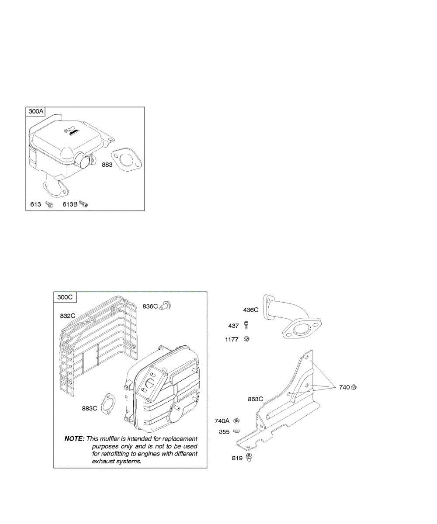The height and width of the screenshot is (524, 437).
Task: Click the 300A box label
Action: [36, 111]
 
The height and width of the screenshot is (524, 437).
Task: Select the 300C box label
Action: [65, 297]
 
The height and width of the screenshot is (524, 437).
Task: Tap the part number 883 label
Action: [107, 165]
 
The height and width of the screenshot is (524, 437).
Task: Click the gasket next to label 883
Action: [127, 159]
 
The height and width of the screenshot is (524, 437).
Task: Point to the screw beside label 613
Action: [50, 204]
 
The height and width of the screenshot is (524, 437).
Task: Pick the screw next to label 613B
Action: [84, 204]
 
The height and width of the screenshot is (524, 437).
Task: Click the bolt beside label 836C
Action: [166, 306]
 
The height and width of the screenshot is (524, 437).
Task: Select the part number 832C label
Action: [68, 315]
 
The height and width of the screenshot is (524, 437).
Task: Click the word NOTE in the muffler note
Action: [74, 438]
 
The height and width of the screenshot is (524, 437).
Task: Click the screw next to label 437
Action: [246, 325]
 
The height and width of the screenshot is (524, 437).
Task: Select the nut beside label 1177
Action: [246, 338]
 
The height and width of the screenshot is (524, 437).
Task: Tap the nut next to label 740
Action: [354, 387]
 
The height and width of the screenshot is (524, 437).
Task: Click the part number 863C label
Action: [256, 399]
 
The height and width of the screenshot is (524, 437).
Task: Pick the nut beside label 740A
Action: [236, 421]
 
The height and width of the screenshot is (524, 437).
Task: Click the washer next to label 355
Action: [236, 431]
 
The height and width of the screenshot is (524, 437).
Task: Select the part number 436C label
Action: [251, 310]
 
